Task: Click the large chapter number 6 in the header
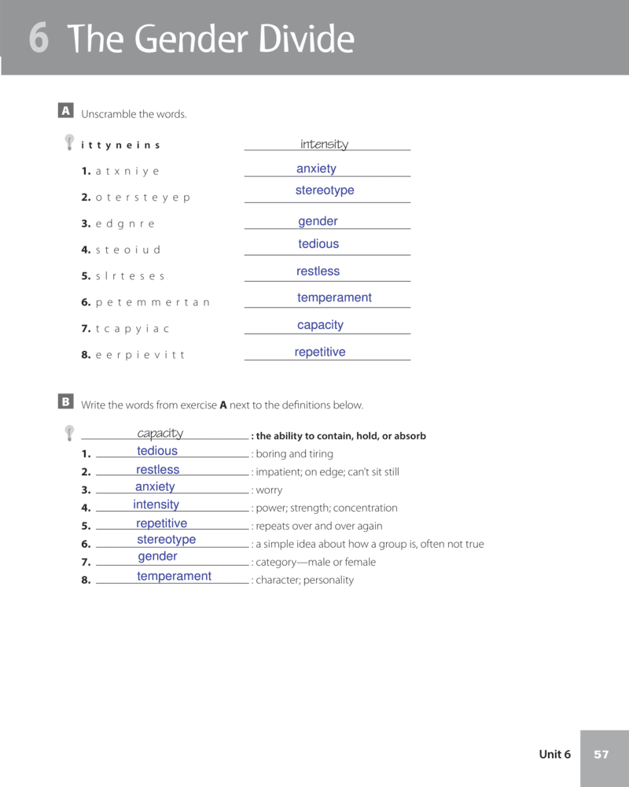click(x=39, y=39)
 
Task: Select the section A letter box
click(x=66, y=111)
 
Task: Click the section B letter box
click(x=66, y=402)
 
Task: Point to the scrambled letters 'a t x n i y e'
click(x=127, y=172)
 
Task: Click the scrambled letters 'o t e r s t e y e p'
click(x=142, y=198)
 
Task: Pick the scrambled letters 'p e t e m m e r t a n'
click(x=153, y=302)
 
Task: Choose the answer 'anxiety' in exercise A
click(x=316, y=169)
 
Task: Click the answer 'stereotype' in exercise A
click(x=325, y=190)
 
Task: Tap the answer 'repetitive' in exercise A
click(x=320, y=353)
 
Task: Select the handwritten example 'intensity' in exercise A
click(x=324, y=144)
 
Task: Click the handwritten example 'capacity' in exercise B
click(x=160, y=434)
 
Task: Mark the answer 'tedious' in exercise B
click(x=157, y=451)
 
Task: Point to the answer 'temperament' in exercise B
click(x=174, y=576)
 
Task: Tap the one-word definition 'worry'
click(x=269, y=490)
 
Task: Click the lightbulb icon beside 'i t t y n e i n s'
click(x=70, y=142)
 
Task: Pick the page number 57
click(x=601, y=755)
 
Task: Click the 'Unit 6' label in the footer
click(x=554, y=755)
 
